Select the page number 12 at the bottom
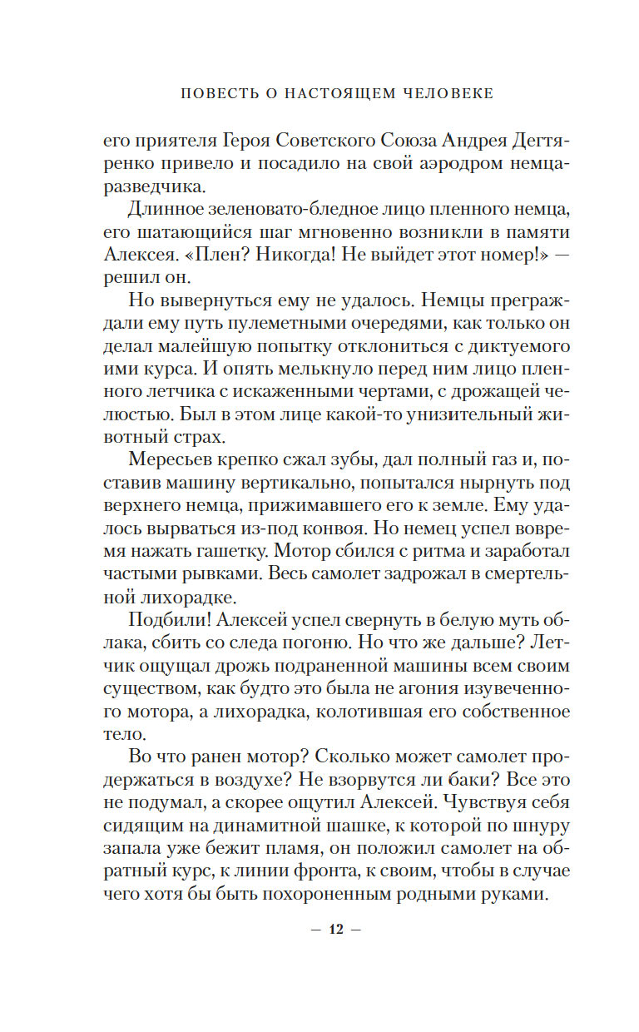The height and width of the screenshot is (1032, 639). pos(337,929)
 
